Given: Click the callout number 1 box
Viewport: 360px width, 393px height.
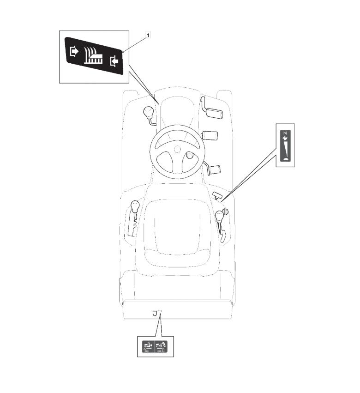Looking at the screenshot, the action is pos(148,35).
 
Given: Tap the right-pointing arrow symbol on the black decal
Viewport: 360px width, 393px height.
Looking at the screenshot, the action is pos(74,51).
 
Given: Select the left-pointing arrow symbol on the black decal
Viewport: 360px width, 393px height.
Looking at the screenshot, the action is pos(114,61).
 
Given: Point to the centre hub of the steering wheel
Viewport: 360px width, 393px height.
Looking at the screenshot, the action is pos(178,149).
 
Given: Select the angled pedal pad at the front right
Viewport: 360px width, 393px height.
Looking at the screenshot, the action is pos(214,113).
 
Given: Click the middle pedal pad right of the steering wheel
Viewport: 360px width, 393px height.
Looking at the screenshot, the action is pos(210,135).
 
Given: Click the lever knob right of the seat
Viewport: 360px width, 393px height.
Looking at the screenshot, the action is pos(219,216).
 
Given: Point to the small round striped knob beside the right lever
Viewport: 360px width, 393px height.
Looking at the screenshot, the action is pos(227,212).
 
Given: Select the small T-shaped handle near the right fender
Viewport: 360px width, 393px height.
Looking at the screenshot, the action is pos(217,195).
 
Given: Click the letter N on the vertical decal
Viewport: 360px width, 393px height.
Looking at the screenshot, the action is pos(286,133).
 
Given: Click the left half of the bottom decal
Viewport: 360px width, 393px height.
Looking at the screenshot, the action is pos(148,347).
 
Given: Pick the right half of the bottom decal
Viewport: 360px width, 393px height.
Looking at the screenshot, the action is pos(161,347).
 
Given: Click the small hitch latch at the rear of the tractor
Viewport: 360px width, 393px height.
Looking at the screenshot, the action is pos(156,312).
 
